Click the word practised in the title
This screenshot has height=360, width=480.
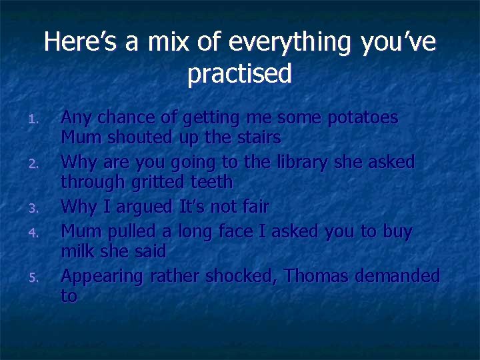[x=239, y=74]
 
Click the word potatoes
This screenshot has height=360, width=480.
[x=363, y=118]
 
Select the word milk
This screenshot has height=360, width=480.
[x=76, y=252]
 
